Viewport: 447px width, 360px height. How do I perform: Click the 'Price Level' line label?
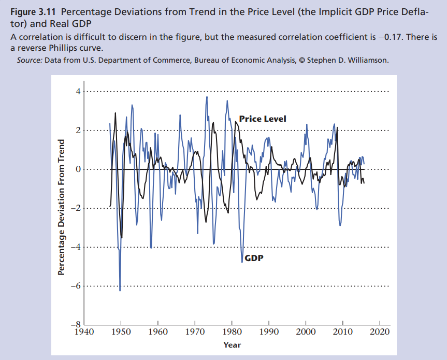pyautogui.click(x=262, y=119)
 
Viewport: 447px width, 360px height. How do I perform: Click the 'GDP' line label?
pyautogui.click(x=253, y=257)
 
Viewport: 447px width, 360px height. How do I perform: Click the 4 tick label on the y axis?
pyautogui.click(x=78, y=92)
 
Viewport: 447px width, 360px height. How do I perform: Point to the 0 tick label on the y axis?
pyautogui.click(x=78, y=169)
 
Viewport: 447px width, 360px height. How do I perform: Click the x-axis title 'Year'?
pyautogui.click(x=232, y=345)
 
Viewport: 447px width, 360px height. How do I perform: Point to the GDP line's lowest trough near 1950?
pyautogui.click(x=120, y=290)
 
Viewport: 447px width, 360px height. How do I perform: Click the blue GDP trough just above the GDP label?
pyautogui.click(x=242, y=262)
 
